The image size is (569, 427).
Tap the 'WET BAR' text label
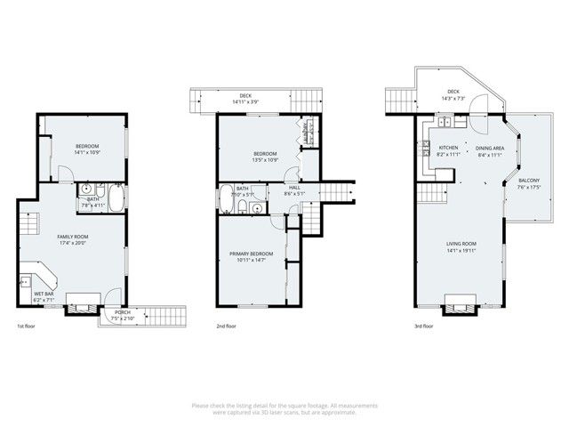[x=43, y=294]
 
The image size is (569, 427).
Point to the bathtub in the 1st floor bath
[x=115, y=195]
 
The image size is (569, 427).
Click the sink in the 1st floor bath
[x=86, y=189]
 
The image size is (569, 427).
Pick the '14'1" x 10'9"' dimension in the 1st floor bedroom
[x=86, y=153]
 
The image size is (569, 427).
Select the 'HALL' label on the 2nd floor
[x=293, y=188]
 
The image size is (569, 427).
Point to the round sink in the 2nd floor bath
[x=256, y=209]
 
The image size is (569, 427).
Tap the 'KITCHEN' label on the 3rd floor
[x=448, y=148]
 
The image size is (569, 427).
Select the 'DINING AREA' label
[x=490, y=148]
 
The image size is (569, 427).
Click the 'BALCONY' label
[x=529, y=180]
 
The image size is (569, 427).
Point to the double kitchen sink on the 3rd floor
[x=444, y=124]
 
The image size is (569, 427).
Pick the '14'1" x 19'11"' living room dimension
[x=461, y=250]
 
